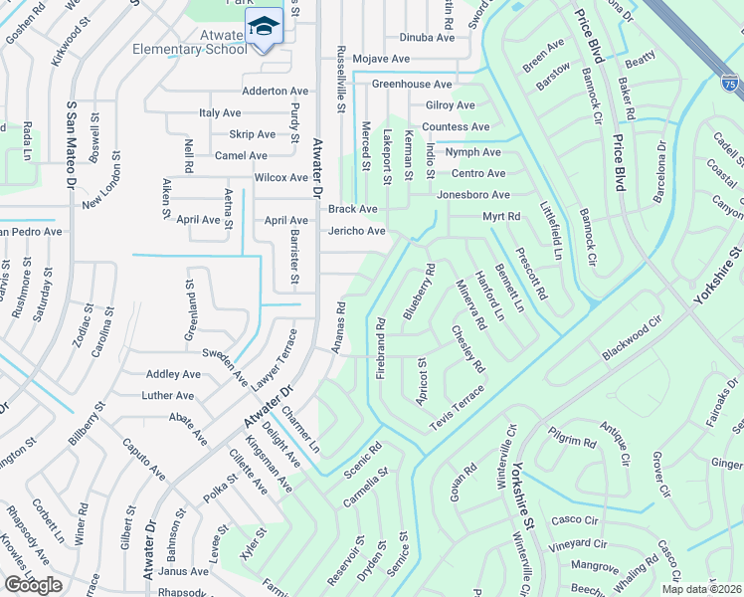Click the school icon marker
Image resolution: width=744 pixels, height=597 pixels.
[x=265, y=27]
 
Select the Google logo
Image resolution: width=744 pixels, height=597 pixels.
[x=33, y=584]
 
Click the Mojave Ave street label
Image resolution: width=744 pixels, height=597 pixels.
[x=382, y=60]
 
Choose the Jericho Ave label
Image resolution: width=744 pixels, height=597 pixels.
[x=357, y=232]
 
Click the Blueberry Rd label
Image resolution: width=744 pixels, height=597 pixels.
[x=419, y=291]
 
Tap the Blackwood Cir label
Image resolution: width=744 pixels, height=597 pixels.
[x=632, y=340]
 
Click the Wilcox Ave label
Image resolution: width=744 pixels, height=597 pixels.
[x=281, y=178]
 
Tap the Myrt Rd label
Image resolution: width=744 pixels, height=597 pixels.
[x=501, y=217]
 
